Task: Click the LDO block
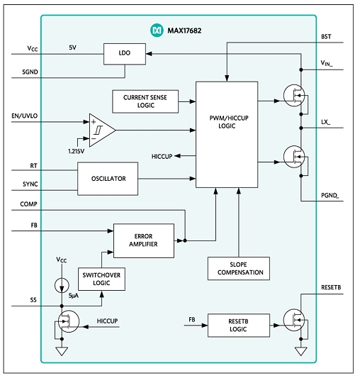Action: coord(125,54)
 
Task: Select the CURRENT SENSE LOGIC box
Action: coord(145,101)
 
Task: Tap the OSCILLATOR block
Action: coord(108,179)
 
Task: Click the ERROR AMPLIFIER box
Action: coord(144,240)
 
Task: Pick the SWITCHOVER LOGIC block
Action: coord(101,279)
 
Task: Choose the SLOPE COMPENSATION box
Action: coord(239,268)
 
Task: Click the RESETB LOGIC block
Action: coord(239,326)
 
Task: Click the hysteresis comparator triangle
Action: coord(102,130)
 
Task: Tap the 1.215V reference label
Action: coord(77,152)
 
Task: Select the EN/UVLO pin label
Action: coord(25,116)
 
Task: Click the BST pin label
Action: coord(326,37)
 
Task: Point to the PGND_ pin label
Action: coord(330,196)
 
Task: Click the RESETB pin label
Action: coord(331,287)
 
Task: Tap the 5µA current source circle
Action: coord(62,285)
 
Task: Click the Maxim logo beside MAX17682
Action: coord(157,30)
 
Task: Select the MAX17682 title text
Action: coord(184,30)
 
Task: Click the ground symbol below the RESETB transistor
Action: coord(301,351)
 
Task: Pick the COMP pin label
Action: coord(28,204)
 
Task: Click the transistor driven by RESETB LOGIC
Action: coord(294,320)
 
